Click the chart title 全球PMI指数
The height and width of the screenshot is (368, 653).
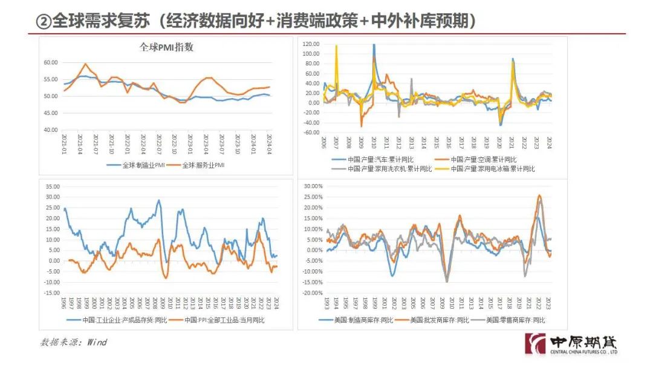click(166, 48)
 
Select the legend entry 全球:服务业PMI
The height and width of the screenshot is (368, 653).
click(203, 165)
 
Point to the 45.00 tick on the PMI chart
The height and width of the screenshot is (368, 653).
click(50, 113)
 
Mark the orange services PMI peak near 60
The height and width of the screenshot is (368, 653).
click(86, 64)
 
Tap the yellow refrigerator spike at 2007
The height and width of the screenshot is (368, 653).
click(337, 46)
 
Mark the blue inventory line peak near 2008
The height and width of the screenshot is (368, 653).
click(159, 200)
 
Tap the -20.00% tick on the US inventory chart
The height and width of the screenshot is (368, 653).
click(311, 293)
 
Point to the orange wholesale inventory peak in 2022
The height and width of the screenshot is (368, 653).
click(539, 195)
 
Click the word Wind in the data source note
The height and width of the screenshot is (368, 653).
click(97, 343)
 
